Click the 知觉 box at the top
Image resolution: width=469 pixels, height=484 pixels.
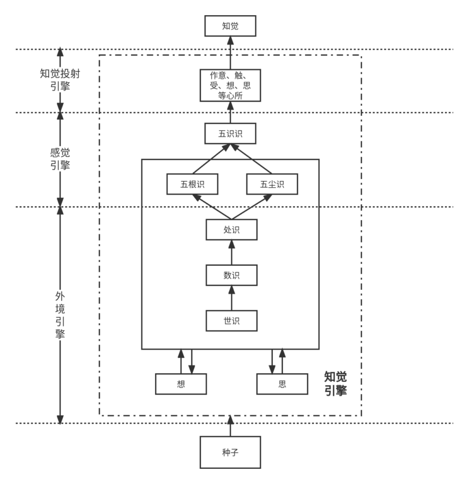coord(230,26)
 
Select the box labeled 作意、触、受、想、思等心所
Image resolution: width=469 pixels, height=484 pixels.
coord(230,85)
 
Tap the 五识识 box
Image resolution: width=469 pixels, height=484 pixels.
coord(230,133)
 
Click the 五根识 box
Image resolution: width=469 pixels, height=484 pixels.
coord(192,184)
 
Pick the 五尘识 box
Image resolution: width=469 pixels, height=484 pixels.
coord(272,184)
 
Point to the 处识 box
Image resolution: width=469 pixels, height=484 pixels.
coord(232,230)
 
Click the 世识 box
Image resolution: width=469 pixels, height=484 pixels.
coord(232,320)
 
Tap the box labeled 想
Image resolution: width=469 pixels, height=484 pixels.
coord(181,384)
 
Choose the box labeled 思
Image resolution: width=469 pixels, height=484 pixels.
coord(282,384)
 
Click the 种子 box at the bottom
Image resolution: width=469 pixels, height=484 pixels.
coord(230,452)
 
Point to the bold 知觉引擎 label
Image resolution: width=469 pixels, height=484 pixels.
coord(336,383)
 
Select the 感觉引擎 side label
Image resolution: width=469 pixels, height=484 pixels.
coord(60,159)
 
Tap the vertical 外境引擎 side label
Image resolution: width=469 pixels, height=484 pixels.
coord(60,314)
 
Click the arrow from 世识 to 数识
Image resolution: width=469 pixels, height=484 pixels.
coord(232,298)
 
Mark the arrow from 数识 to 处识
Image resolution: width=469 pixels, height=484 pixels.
coord(232,252)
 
